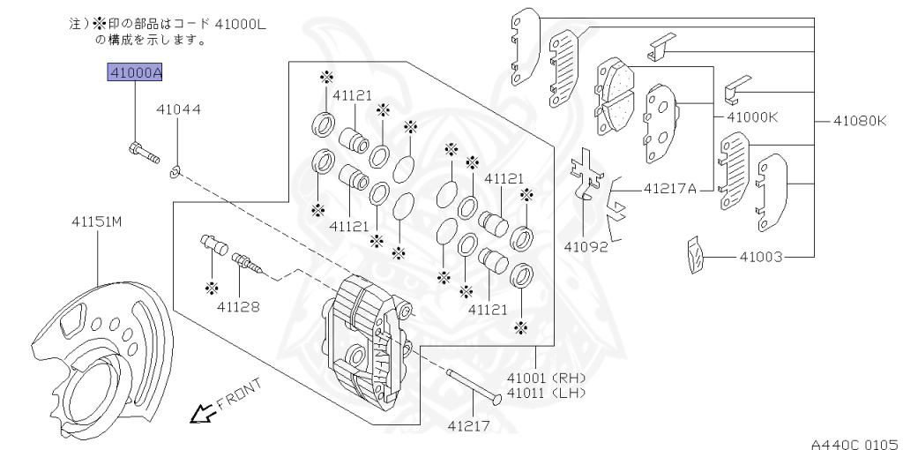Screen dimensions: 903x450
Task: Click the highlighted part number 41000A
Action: coord(135,73)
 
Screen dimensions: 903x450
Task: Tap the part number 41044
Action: coord(179,109)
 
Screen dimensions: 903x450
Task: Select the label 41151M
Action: coord(97,221)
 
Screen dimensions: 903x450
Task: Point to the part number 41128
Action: coord(238,306)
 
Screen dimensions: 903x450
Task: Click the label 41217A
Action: coord(670,188)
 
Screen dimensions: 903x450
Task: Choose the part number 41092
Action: coord(586,246)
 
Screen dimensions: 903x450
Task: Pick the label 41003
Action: coord(761,256)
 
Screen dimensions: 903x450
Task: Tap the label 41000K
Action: coord(752,117)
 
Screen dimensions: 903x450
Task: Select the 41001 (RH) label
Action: coord(547,379)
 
